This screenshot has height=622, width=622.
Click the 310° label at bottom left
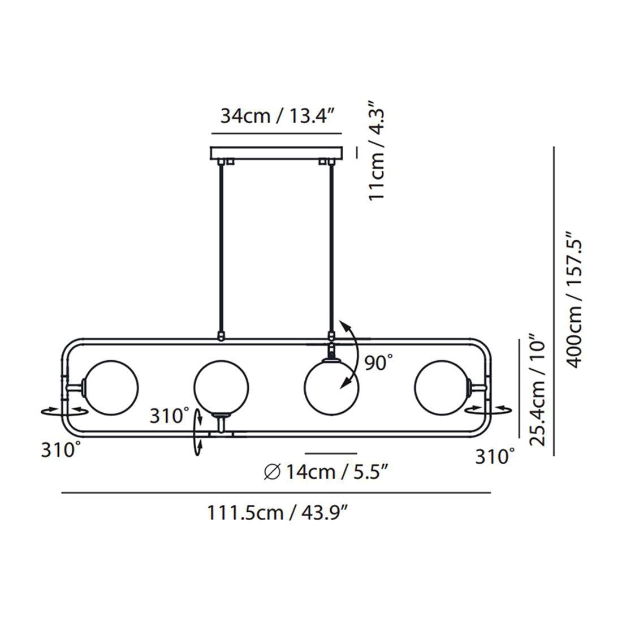pyautogui.click(x=62, y=450)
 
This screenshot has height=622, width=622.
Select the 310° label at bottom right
pyautogui.click(x=496, y=456)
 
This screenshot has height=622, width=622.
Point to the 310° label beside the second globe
pyautogui.click(x=170, y=416)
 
